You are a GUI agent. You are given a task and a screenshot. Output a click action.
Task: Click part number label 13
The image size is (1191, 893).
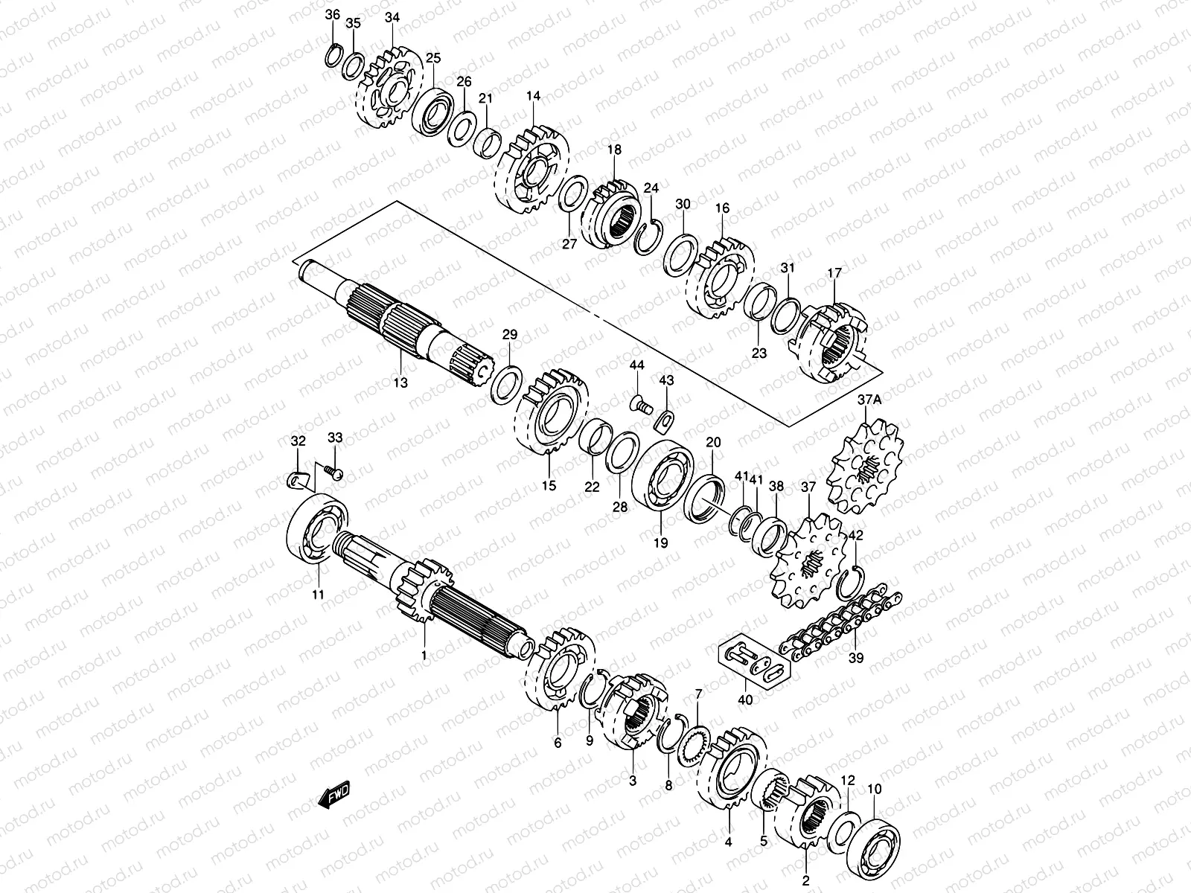400,383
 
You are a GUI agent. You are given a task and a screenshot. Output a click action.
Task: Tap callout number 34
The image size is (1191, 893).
392,17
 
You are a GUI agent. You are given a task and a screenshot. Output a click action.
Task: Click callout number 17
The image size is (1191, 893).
834,274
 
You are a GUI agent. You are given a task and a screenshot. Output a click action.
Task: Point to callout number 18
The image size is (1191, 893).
614,150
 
